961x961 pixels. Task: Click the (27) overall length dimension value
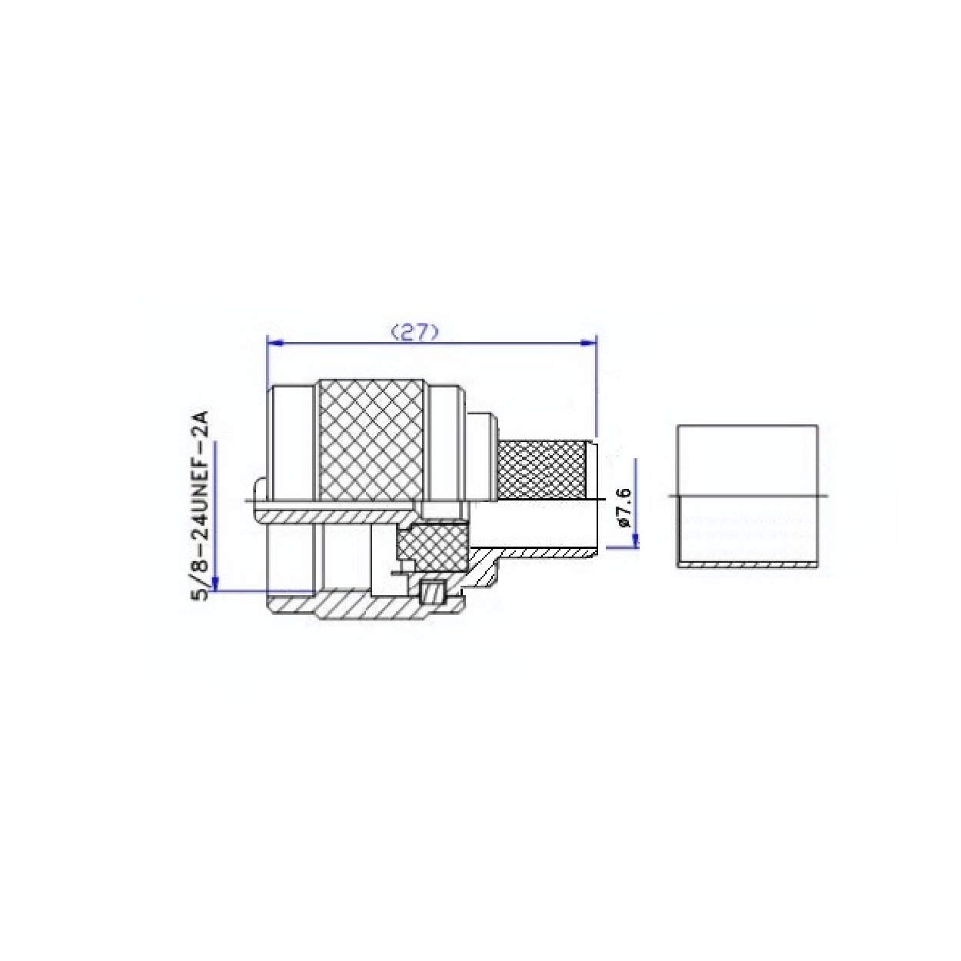point(414,332)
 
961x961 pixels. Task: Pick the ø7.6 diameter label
point(623,507)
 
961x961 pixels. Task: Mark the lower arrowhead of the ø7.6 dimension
point(635,541)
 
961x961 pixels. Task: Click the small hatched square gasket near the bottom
point(433,593)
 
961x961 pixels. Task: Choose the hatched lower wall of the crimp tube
point(538,552)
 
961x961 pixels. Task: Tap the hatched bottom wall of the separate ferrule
point(747,564)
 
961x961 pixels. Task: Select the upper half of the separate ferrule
point(747,459)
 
